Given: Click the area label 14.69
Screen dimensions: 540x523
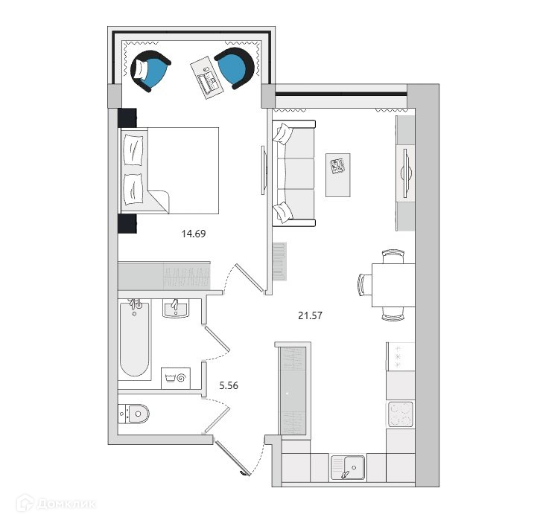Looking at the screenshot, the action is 193,233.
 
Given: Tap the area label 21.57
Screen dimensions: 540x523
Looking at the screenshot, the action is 309,315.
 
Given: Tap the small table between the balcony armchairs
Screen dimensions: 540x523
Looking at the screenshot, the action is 206,76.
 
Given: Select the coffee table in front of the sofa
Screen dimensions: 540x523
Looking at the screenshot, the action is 338,176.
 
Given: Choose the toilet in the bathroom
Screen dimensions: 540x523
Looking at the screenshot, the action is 134,413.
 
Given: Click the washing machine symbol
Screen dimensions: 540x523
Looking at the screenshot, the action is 180,377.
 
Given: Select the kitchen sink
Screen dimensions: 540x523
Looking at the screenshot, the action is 347,466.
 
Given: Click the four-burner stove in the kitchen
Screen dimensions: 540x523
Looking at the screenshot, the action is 400,414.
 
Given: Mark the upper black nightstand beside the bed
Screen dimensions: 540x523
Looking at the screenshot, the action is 126,118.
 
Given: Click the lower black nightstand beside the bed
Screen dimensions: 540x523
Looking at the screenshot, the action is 126,223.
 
